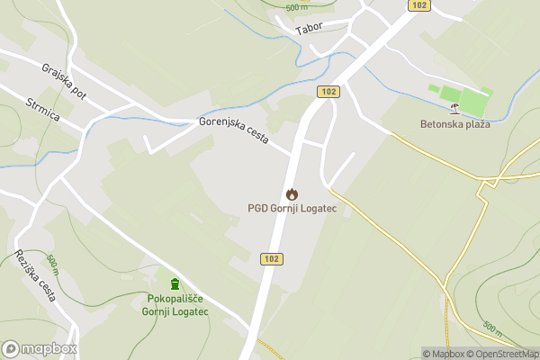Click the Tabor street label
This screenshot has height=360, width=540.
tap(309, 30)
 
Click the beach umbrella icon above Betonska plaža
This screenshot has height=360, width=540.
tap(455, 109)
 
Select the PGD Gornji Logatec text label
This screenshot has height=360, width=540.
tap(291, 208)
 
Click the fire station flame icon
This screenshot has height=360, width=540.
tap(291, 193)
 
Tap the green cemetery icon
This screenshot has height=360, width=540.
tap(175, 284)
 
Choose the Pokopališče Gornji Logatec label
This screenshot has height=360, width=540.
tap(175, 305)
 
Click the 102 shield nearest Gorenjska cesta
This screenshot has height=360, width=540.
tap(327, 92)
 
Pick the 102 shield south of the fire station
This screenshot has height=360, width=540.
tap(271, 258)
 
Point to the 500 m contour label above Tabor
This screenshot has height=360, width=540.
tap(297, 7)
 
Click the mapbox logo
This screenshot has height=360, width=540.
tap(40, 348)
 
